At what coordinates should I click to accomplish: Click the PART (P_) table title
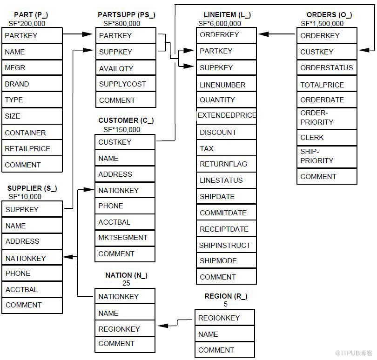coord(31,15)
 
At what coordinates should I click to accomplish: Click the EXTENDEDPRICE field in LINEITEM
coord(227,115)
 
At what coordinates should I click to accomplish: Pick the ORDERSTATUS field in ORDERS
coord(326,68)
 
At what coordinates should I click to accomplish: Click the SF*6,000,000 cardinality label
coord(220,23)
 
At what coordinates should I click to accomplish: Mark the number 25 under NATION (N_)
coord(126,283)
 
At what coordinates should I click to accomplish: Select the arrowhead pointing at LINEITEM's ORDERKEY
coord(263,34)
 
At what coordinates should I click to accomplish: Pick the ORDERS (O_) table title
coord(329,15)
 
